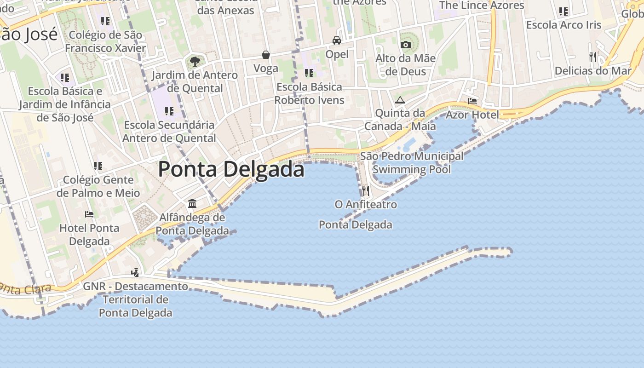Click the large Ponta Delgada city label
231,169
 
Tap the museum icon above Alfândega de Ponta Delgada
192,203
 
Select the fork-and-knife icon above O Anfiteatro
366,190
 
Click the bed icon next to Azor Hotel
472,101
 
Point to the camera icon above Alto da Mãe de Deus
405,45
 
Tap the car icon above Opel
337,40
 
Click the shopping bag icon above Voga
266,55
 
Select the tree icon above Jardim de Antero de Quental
195,61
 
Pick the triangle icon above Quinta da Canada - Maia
400,100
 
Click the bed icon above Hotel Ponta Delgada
89,214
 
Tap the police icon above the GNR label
135,273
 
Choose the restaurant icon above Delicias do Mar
593,57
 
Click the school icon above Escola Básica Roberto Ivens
309,73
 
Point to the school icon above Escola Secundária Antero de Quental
169,111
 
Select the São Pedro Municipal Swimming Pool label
412,163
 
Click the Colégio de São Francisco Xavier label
105,41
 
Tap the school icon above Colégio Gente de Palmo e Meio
98,166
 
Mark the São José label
29,34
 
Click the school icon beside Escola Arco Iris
563,11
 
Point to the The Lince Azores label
482,6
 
